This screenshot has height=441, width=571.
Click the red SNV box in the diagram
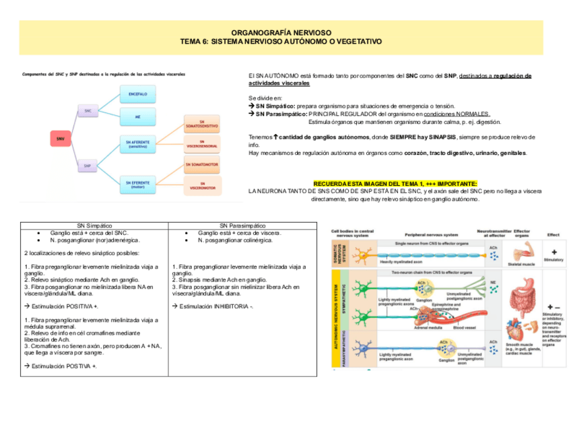pyautogui.click(x=60, y=139)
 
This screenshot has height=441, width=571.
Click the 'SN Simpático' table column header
pyautogui.click(x=94, y=226)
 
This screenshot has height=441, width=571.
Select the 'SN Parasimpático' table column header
pyautogui.click(x=242, y=226)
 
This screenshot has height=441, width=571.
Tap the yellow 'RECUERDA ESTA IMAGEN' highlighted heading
pyautogui.click(x=396, y=183)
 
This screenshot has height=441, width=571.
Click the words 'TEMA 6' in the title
pyautogui.click(x=195, y=42)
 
